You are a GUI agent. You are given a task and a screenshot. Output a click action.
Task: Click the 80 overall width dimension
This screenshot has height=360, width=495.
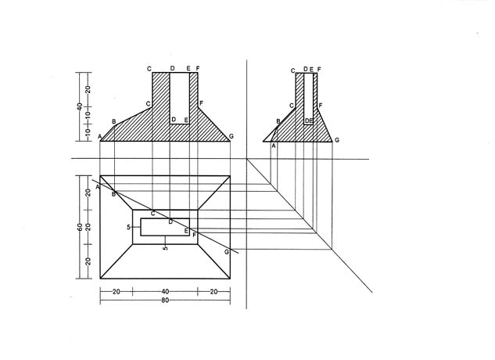coord(165,301)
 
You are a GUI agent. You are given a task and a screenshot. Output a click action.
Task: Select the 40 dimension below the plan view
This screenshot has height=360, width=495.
coord(165,291)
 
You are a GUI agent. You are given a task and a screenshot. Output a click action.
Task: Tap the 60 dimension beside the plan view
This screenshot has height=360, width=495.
coord(80,227)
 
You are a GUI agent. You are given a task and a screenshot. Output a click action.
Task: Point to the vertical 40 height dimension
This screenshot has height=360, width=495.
coord(80,107)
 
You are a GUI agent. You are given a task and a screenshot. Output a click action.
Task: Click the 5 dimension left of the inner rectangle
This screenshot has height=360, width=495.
coord(128,227)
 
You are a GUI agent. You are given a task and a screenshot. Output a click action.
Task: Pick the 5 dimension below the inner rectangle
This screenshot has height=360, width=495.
coord(165,248)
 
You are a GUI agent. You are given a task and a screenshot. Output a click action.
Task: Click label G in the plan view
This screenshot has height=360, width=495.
coord(226,252)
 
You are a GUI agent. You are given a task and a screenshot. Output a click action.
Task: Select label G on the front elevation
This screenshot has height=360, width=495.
coord(231,136)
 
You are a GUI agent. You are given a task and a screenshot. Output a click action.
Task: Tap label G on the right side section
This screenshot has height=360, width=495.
coord(337,140)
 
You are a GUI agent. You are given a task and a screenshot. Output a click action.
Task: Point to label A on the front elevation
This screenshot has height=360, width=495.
coord(99,136)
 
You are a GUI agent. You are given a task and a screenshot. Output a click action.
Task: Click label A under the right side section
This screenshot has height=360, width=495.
coord(274,146)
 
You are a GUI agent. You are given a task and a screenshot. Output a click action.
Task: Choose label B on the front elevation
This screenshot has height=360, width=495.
coord(114,121)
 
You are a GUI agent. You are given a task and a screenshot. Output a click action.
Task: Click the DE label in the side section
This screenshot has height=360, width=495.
coord(309,121)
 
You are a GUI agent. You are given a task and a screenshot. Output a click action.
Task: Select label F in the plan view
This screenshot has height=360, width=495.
coord(194,235)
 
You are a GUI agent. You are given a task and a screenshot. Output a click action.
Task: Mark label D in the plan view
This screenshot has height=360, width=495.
coord(170,222)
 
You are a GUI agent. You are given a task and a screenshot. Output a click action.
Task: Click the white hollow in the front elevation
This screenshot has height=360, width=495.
coord(180,99)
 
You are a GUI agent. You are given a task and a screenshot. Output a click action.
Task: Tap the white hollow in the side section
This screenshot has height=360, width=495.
coord(308,99)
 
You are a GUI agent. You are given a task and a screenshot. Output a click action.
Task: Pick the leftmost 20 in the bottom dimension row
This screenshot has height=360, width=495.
coord(117,291)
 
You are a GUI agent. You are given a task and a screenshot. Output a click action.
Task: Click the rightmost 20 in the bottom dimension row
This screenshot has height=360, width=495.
coord(213,291)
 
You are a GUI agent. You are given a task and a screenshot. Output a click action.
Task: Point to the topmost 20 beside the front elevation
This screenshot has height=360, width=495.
coord(88,89)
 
